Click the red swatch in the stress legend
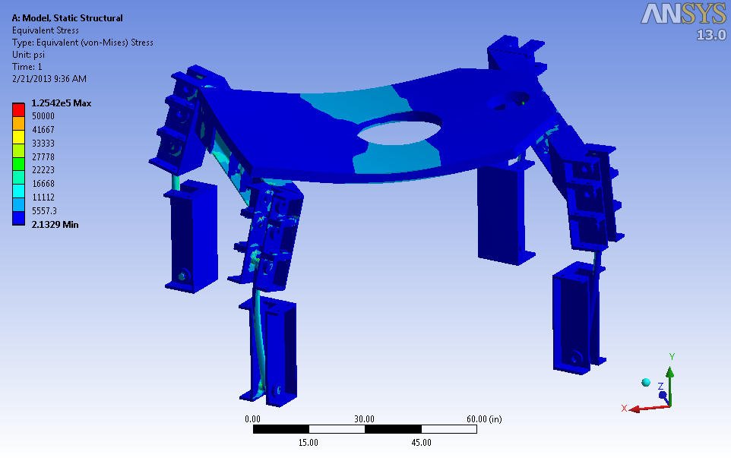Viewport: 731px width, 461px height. pos(18,109)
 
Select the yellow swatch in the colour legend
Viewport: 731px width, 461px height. pos(18,137)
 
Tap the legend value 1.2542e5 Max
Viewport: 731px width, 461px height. pos(61,103)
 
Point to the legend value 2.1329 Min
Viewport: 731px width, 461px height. pos(55,224)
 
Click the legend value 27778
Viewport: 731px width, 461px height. pos(43,156)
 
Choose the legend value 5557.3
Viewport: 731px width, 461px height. pos(44,210)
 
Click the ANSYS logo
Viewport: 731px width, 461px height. pos(683,14)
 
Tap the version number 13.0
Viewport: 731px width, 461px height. pos(711,35)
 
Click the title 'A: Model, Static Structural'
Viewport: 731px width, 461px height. pos(67,17)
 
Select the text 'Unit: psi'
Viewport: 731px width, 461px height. pos(28,55)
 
